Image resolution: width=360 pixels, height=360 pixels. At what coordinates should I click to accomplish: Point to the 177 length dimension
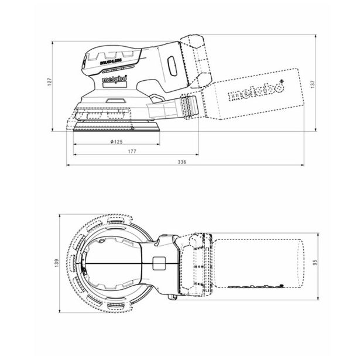(132, 152)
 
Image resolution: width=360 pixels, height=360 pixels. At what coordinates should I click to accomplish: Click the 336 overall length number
(181, 162)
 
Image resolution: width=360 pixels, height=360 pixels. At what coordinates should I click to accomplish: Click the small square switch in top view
(157, 263)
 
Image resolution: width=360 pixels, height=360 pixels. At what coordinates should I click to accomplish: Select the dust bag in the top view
(258, 263)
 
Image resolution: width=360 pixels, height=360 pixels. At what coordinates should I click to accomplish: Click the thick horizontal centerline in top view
(117, 263)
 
